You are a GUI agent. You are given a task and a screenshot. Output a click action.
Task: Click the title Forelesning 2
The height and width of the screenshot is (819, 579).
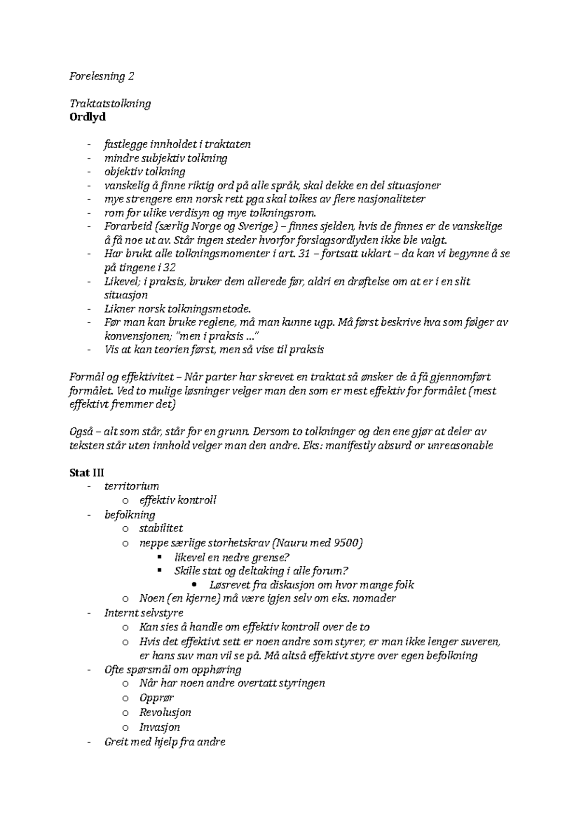click(102, 76)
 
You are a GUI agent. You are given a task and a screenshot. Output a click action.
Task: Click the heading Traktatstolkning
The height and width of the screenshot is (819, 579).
click(110, 103)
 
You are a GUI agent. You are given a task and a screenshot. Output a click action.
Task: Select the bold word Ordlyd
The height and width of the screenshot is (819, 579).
click(87, 117)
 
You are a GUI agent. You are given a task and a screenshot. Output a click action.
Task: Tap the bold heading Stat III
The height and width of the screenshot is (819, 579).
click(87, 472)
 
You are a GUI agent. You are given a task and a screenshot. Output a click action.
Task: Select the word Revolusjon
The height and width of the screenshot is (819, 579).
click(165, 712)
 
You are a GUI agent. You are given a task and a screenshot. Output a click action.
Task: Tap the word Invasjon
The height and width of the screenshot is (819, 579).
click(159, 727)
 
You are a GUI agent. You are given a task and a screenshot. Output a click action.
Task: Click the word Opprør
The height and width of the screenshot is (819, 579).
click(156, 697)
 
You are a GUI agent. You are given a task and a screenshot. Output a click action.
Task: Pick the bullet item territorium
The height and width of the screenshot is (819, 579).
click(131, 486)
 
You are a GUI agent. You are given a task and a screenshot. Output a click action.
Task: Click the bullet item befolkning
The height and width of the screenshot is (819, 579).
click(130, 514)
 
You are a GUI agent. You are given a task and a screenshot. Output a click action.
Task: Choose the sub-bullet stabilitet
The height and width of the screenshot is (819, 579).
click(161, 528)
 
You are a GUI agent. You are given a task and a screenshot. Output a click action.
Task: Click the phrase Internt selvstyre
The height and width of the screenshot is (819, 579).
click(144, 613)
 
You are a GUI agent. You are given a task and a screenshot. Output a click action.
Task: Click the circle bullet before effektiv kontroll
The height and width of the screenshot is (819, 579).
click(125, 500)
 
